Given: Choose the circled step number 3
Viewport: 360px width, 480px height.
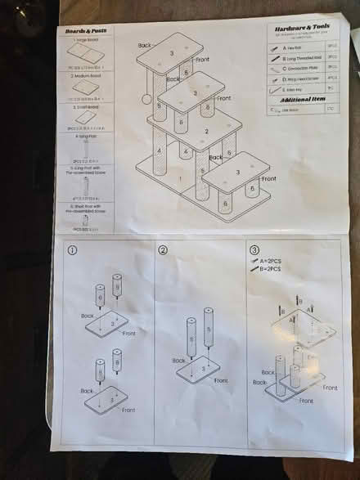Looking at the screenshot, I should tap(254, 250).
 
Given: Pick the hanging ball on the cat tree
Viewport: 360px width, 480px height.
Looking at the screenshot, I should tap(146, 100).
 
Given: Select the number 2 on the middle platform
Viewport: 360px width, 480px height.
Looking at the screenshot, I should tap(206, 130).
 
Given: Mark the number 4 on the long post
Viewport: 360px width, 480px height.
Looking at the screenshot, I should tap(160, 150).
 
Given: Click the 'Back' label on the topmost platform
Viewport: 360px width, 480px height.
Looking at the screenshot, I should tap(145, 46).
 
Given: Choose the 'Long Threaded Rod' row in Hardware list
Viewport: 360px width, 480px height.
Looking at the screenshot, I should tap(302, 58).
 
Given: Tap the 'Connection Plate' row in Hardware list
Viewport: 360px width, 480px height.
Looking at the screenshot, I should tap(302, 68).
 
